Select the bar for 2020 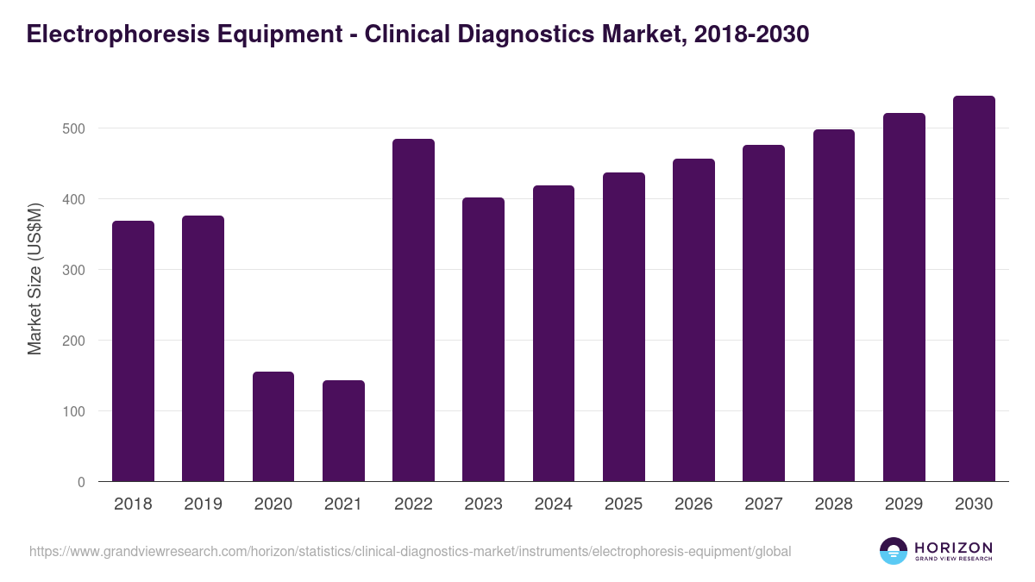[273, 427]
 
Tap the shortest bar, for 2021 [343, 431]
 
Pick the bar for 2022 [413, 310]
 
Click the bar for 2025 [624, 328]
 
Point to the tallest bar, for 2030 [974, 289]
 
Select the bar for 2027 [763, 314]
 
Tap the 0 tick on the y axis [81, 482]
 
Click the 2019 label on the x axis [203, 504]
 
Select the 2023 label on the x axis [483, 504]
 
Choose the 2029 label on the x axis [904, 504]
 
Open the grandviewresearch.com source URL [410, 551]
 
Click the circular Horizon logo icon [894, 551]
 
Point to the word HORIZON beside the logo [953, 547]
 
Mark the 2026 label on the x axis [693, 504]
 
